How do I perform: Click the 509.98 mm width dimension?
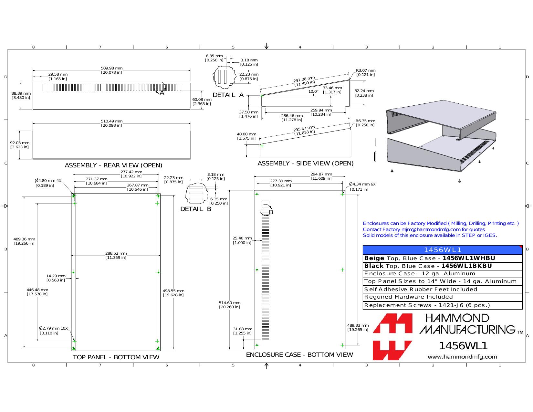coord(111,70)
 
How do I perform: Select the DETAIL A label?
coord(228,95)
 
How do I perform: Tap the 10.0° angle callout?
coord(313,91)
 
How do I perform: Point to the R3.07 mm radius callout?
coord(365,73)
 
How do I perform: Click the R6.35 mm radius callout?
coord(365,123)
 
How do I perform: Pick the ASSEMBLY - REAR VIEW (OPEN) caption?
coord(113,165)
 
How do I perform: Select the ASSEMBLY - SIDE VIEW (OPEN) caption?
coord(305,164)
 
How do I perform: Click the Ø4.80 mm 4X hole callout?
coord(48,183)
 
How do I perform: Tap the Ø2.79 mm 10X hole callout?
coord(53,331)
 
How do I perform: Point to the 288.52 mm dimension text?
coord(116,256)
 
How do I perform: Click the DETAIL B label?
coord(195,209)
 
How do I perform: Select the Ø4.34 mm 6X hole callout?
coord(362,186)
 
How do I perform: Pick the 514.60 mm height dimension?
coord(230,305)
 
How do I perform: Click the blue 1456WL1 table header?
coord(443,250)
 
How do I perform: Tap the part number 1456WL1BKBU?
coord(466,266)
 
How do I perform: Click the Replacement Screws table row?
coord(443,305)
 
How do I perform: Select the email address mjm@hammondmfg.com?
coord(431,229)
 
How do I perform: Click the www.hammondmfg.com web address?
coord(462,357)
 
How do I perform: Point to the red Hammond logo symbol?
coord(392,337)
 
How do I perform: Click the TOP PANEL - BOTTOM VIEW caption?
coord(116,357)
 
